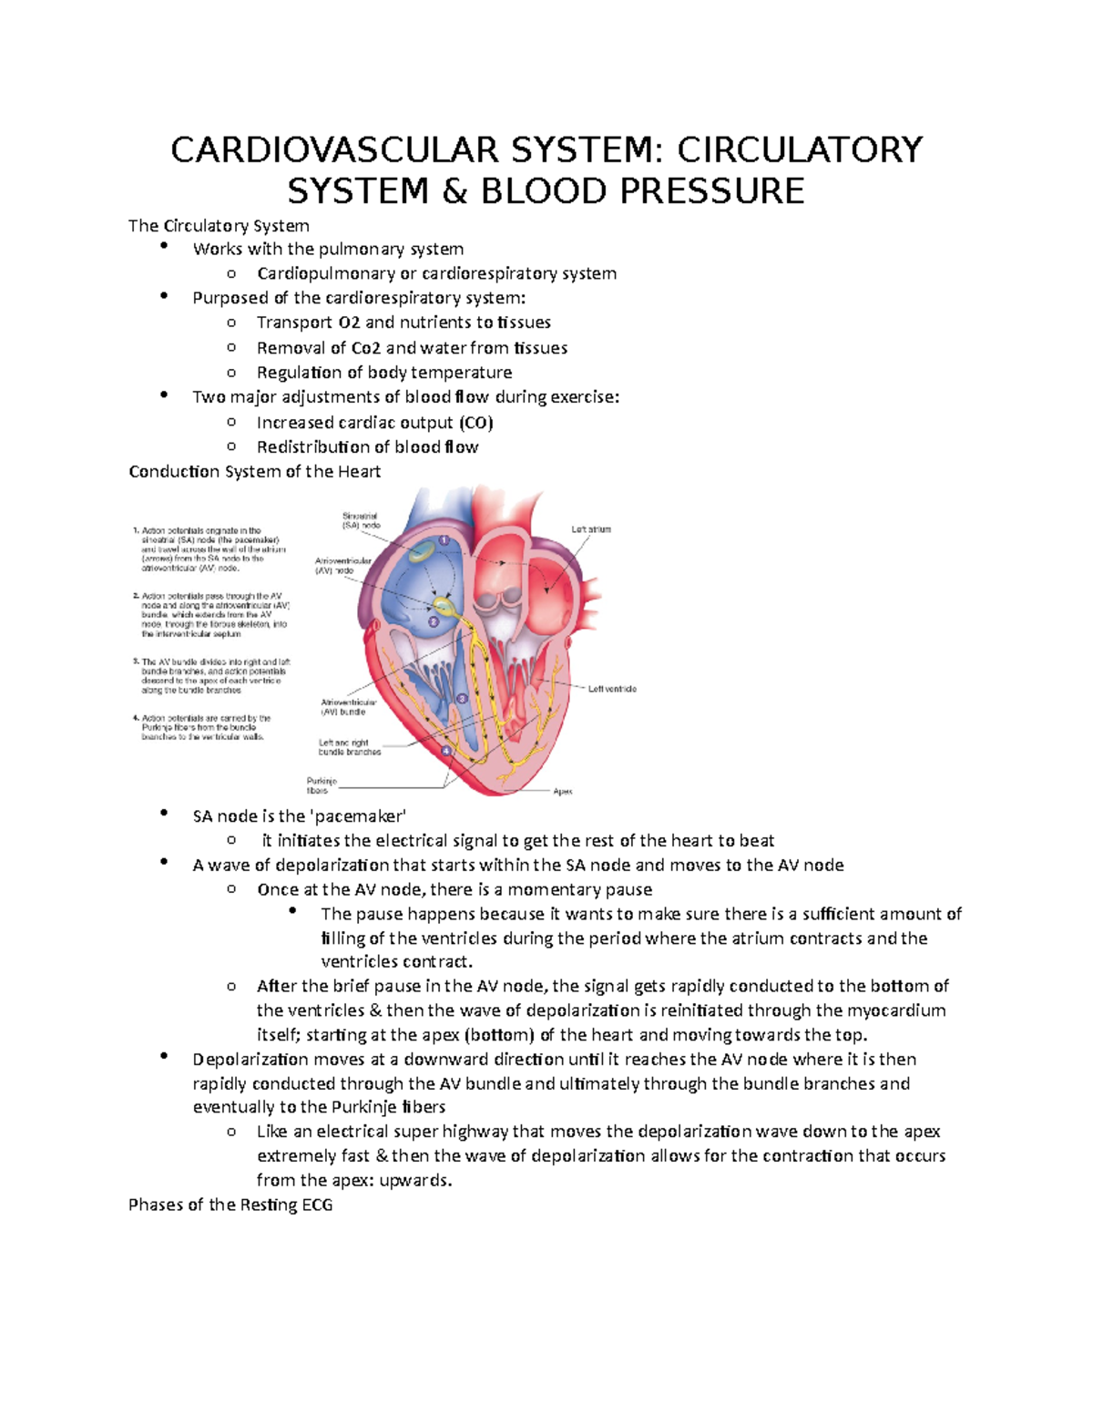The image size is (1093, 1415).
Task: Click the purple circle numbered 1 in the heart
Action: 444,540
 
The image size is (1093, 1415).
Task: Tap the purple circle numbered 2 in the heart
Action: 434,622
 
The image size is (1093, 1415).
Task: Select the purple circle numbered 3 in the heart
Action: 462,698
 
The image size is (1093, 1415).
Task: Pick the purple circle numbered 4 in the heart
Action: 446,751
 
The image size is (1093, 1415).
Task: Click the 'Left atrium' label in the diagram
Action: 591,529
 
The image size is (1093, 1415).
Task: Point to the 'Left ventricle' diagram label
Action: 612,689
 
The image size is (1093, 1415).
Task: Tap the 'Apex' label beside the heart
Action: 563,792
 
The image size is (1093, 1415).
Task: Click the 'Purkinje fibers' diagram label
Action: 322,785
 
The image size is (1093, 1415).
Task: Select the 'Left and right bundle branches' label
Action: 350,747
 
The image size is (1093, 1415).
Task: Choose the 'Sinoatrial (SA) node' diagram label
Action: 361,520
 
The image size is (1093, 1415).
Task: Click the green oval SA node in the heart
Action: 422,550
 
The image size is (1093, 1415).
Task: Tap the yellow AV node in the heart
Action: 444,604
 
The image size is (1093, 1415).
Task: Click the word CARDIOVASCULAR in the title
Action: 333,149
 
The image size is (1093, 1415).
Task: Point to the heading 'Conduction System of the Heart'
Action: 254,471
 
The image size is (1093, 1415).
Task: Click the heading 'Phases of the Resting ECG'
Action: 230,1205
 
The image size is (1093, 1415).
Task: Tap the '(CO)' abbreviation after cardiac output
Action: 475,422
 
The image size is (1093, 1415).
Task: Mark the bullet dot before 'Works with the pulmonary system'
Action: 163,247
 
